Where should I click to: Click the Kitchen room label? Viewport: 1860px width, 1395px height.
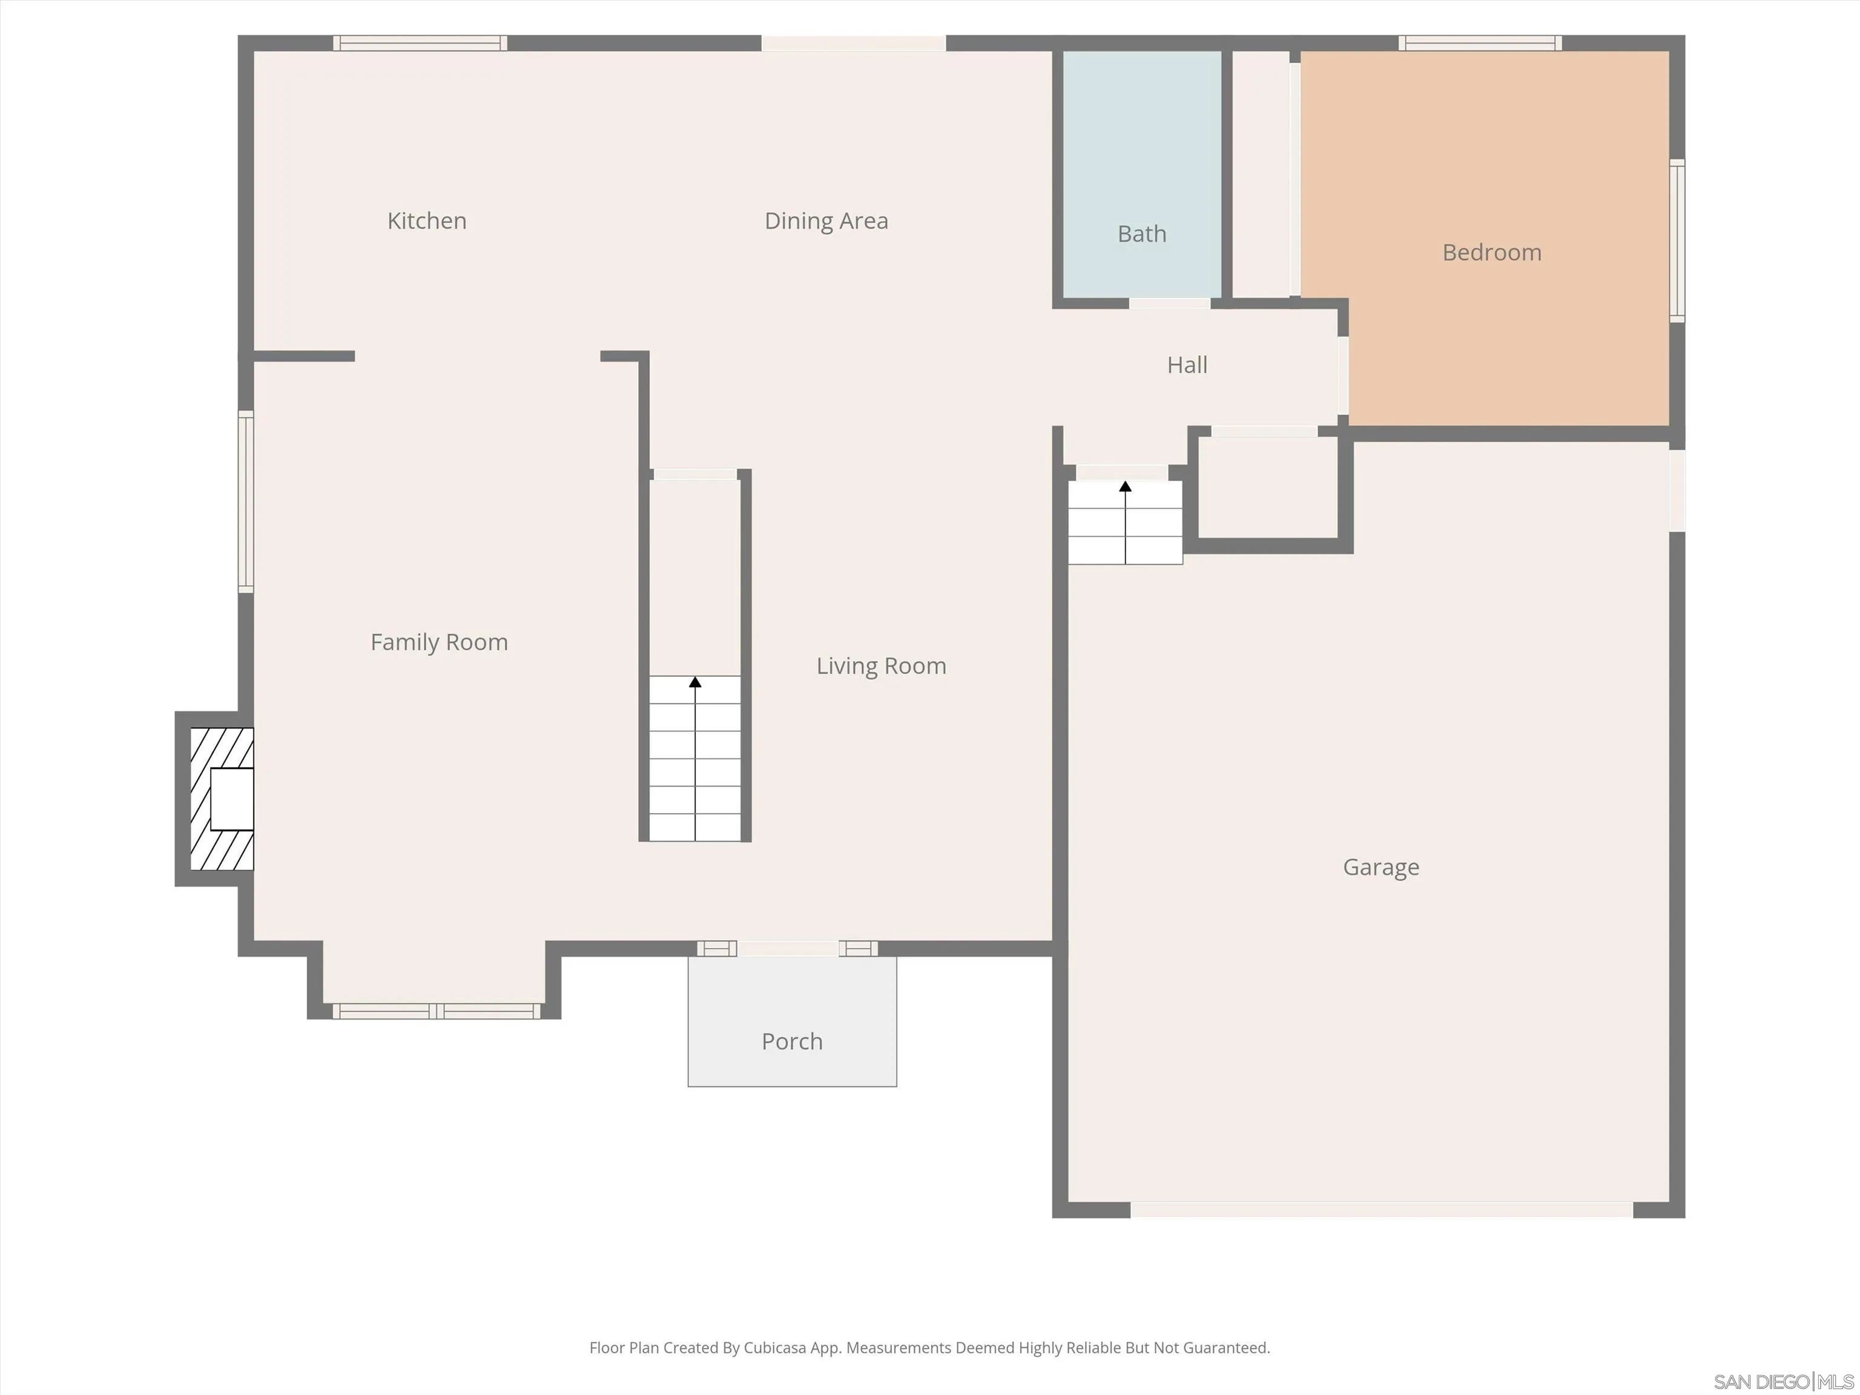point(426,220)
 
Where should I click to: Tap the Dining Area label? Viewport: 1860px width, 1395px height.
point(826,220)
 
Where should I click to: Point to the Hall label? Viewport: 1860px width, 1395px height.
point(1187,365)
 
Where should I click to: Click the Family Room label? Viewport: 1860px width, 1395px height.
point(439,642)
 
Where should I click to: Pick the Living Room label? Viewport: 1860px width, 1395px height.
point(881,666)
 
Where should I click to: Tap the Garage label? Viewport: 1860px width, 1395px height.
point(1380,867)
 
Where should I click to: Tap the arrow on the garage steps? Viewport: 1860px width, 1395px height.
point(1125,487)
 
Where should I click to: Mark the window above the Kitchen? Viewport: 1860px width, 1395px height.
point(420,43)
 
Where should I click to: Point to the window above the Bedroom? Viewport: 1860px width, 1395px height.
point(1480,43)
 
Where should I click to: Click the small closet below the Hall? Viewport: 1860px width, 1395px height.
point(1267,487)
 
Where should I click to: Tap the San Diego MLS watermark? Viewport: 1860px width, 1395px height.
point(1782,1382)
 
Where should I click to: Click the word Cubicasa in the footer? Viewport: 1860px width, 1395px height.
point(774,1348)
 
